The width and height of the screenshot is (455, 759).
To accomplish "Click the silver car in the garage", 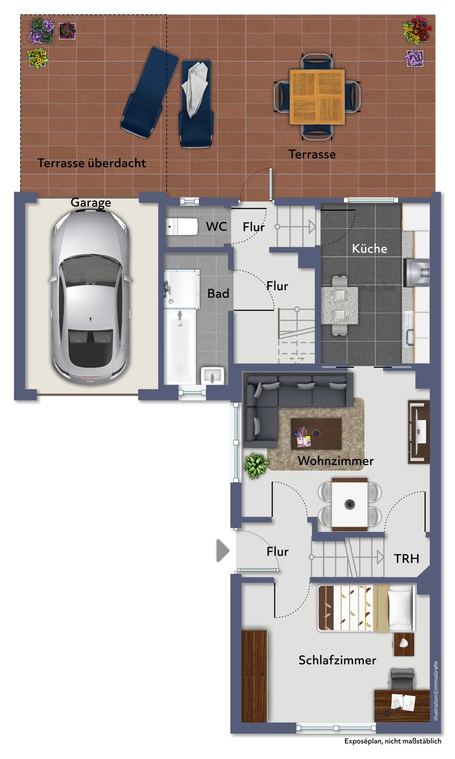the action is pyautogui.click(x=91, y=297).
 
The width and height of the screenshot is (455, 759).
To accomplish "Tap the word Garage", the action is pyautogui.click(x=91, y=203).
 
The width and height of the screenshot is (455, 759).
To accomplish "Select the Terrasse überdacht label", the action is pyautogui.click(x=92, y=163).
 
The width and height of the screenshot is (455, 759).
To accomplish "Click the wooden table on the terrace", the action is pyautogui.click(x=317, y=97).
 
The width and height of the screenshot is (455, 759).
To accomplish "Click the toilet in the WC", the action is pyautogui.click(x=182, y=227).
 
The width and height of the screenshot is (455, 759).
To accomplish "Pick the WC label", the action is pyautogui.click(x=216, y=226).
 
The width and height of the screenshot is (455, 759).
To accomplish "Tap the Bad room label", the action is pyautogui.click(x=218, y=293).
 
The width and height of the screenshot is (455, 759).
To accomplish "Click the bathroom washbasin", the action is pyautogui.click(x=213, y=376).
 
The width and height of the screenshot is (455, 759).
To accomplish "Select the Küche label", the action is pyautogui.click(x=370, y=249).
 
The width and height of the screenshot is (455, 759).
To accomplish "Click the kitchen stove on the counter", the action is pyautogui.click(x=417, y=273).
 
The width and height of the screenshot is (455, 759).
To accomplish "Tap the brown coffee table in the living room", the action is pyautogui.click(x=316, y=434).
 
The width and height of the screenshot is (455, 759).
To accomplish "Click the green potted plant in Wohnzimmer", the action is pyautogui.click(x=256, y=466).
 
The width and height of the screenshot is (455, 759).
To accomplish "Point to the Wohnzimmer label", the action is pyautogui.click(x=336, y=461).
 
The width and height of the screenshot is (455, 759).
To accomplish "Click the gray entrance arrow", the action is pyautogui.click(x=223, y=550).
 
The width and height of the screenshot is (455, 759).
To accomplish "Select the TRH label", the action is pyautogui.click(x=406, y=559).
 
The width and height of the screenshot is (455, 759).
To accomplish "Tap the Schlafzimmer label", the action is pyautogui.click(x=338, y=660).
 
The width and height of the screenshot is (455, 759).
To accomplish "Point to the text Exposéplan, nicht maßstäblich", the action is pyautogui.click(x=393, y=741).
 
